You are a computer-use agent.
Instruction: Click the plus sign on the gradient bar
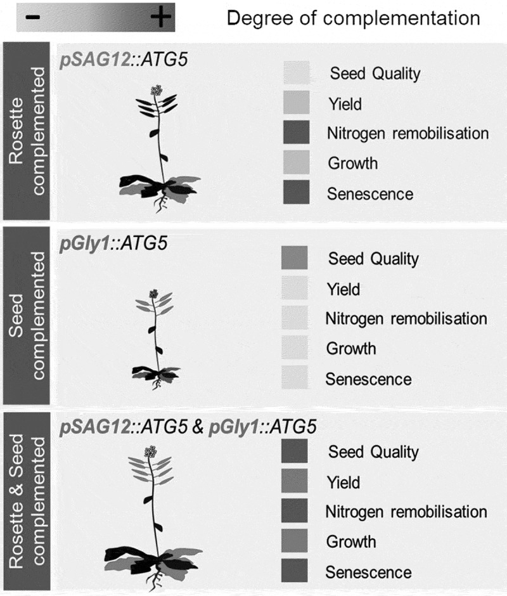point(160,18)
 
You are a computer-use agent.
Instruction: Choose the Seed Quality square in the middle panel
point(294,259)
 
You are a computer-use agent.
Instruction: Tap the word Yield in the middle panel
point(343,289)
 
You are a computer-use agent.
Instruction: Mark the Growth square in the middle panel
point(294,349)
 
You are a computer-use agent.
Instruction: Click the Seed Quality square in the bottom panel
point(294,452)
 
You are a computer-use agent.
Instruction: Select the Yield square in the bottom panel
point(294,483)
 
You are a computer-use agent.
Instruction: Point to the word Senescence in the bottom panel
point(368,572)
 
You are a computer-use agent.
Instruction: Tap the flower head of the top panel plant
point(155,91)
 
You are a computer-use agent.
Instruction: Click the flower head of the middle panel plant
point(153,293)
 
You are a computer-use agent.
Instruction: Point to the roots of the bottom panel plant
point(155,579)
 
